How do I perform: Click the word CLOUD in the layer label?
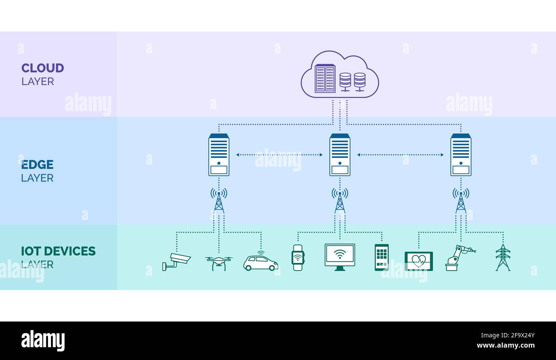[42, 68]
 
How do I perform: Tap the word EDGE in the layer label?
[37, 165]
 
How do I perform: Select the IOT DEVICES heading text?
[58, 251]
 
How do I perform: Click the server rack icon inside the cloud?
[325, 79]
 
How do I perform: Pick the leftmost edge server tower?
[219, 155]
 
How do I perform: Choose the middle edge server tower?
[340, 155]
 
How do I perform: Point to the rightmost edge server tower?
[461, 155]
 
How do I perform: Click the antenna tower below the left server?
[219, 201]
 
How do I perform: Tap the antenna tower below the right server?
[461, 201]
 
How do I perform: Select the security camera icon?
[176, 261]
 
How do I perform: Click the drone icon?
[219, 262]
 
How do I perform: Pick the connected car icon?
[260, 262]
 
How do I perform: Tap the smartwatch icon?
[298, 258]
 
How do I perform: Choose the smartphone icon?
[382, 257]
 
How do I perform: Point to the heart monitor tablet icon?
[418, 261]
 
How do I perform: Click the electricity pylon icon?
[503, 257]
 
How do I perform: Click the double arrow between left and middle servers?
[279, 155]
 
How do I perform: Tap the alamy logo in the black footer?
[43, 341]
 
